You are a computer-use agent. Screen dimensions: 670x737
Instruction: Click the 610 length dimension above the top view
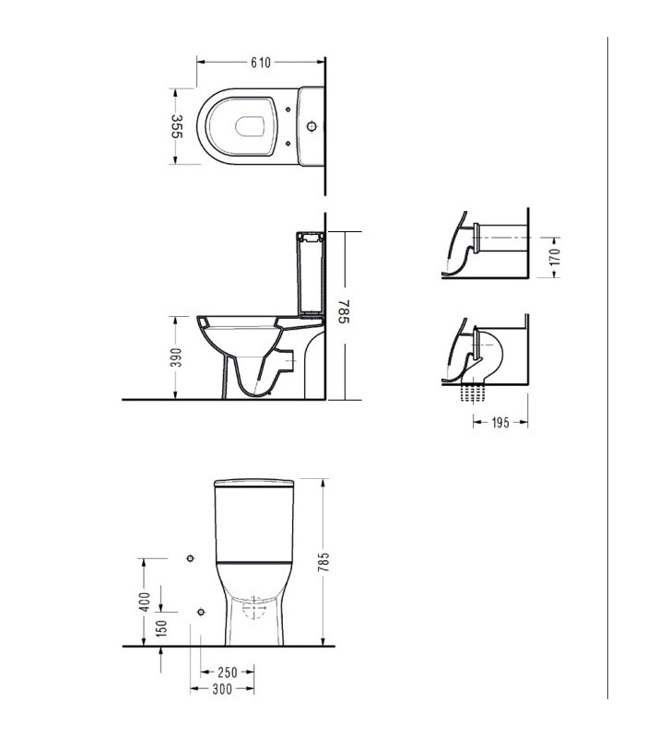tap(261, 63)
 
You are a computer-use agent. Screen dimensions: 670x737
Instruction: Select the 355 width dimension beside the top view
tap(176, 126)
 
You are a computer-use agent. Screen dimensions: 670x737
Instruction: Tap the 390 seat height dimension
tap(176, 357)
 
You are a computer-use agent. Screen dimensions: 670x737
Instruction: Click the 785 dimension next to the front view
tap(323, 562)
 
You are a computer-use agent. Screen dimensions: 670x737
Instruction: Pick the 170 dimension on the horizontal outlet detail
tap(556, 257)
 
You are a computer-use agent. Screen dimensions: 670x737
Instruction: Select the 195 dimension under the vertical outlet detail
tap(500, 423)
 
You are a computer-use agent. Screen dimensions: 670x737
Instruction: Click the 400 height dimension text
tap(146, 602)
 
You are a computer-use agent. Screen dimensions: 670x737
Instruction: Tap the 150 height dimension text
tap(161, 628)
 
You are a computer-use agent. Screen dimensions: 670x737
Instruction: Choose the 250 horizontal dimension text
tap(228, 673)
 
